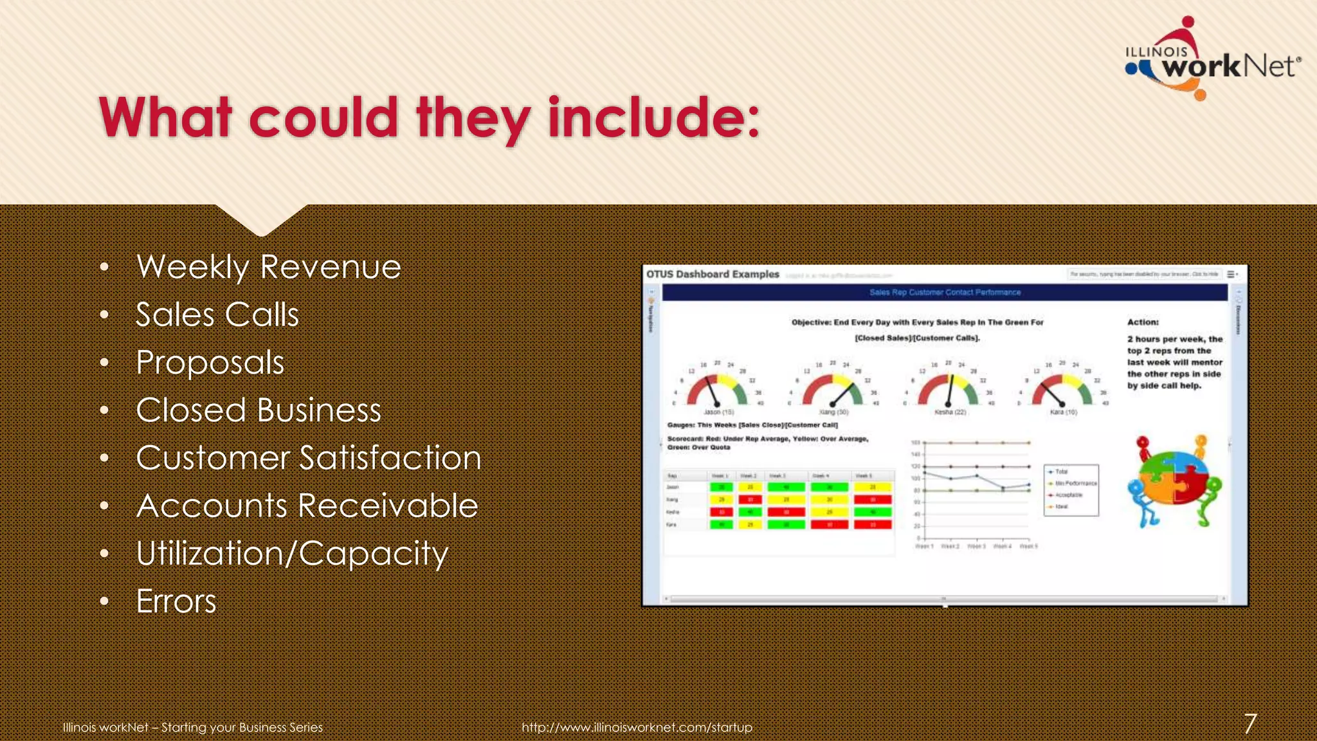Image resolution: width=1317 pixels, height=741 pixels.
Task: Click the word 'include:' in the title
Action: pos(653,118)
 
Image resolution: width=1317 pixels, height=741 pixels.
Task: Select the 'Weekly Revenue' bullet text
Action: pos(269,267)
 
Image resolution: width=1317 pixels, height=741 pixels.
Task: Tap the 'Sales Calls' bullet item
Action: pos(217,315)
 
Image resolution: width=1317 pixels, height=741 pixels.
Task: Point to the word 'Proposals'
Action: pos(210,362)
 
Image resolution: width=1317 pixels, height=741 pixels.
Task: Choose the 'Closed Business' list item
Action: pos(259,410)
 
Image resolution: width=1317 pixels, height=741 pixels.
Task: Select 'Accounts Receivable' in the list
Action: pos(307,506)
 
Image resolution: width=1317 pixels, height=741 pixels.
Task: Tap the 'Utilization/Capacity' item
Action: pos(292,554)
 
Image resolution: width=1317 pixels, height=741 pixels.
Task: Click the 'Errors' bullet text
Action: pos(176,601)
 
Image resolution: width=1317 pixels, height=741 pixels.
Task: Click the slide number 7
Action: pos(1249,724)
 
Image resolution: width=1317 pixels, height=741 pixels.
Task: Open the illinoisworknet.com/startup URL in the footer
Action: pos(637,727)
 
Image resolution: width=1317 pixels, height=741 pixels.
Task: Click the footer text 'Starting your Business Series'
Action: pos(242,727)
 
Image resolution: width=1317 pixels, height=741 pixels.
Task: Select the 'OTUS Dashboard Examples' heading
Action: pos(713,274)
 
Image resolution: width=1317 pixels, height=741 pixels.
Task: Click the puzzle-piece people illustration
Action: pos(1174,481)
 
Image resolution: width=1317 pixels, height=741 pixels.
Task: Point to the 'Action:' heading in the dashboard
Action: pos(1143,322)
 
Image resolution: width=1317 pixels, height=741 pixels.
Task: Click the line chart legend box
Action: pos(1071,489)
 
